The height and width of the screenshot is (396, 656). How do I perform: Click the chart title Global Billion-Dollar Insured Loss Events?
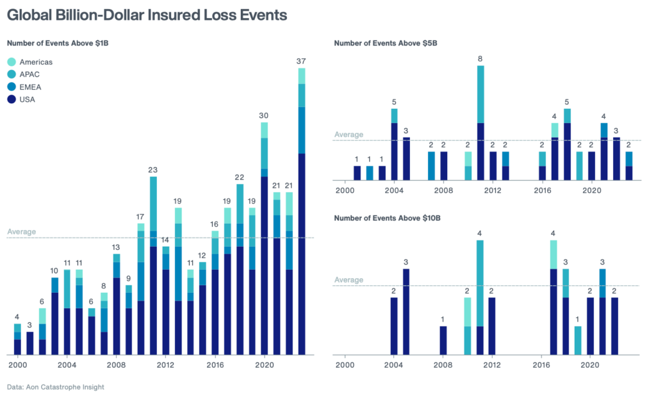[x=147, y=15]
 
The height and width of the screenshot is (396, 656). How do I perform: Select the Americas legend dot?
[x=12, y=62]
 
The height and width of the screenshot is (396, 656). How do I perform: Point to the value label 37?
[x=301, y=62]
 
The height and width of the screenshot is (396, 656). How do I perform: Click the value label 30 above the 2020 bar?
[x=264, y=115]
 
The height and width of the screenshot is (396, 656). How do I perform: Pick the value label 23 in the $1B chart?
[x=153, y=170]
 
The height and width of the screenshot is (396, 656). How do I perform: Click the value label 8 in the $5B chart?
[x=480, y=59]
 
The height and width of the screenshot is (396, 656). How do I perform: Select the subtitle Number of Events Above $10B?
[x=388, y=219]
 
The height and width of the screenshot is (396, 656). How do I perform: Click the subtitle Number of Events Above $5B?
[x=386, y=44]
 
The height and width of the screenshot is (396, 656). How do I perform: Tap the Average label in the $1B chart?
[x=21, y=231]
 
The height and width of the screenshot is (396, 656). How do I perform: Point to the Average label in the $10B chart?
[x=348, y=280]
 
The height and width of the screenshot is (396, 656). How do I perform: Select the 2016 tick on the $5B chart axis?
[x=542, y=190]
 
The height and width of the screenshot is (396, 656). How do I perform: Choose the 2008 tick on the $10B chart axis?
[x=443, y=365]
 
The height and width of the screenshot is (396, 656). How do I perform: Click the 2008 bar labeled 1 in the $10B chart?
[x=443, y=340]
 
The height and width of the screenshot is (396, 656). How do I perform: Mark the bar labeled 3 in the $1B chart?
[x=30, y=343]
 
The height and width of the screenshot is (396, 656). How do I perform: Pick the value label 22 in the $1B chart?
[x=240, y=177]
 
